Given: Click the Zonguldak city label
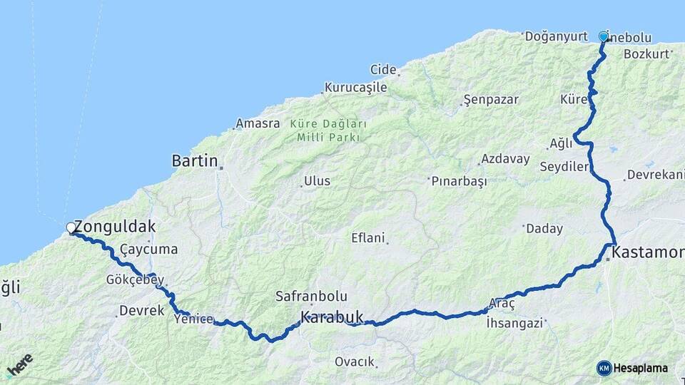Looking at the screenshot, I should pos(114,227).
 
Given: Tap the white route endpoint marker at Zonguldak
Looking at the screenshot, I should pos(71,227).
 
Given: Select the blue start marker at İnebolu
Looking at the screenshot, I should pos(604,36).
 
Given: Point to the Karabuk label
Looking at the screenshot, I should pos(332,317).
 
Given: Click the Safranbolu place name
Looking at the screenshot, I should pos(311,296).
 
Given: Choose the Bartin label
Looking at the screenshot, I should pos(195,161).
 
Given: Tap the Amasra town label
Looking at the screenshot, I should pos(258,123).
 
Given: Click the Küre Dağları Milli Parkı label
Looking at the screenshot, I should pos(328,130).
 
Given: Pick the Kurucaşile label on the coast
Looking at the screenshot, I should pos(355,88).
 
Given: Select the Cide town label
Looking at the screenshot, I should pos(383,69).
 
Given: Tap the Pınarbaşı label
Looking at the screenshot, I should pos(460,182).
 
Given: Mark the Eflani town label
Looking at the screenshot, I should pos(368,238).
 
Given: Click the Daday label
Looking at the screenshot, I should pos(544,229).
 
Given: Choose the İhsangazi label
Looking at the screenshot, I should pos(514,323).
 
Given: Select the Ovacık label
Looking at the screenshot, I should pos(355,362).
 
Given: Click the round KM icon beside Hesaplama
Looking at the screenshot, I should pos(604,368).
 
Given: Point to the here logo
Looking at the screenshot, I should pos(19,365).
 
